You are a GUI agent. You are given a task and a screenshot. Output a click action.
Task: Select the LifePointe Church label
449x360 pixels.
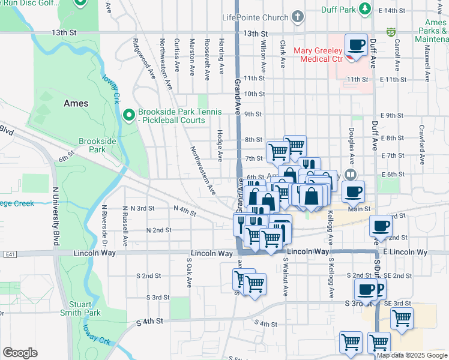[255, 17]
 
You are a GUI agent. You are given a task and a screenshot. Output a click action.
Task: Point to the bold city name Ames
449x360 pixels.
[76, 103]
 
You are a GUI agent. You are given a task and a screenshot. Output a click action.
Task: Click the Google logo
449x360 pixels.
[20, 353]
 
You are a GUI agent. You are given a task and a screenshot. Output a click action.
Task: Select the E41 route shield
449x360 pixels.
[8, 255]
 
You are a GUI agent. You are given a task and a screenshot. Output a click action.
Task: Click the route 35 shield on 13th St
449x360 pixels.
[391, 30]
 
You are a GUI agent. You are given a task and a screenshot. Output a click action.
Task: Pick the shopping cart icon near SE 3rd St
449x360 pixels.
[402, 319]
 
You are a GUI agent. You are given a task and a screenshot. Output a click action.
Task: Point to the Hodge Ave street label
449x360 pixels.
[221, 146]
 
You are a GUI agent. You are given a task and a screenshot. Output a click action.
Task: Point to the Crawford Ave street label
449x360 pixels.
[422, 145]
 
